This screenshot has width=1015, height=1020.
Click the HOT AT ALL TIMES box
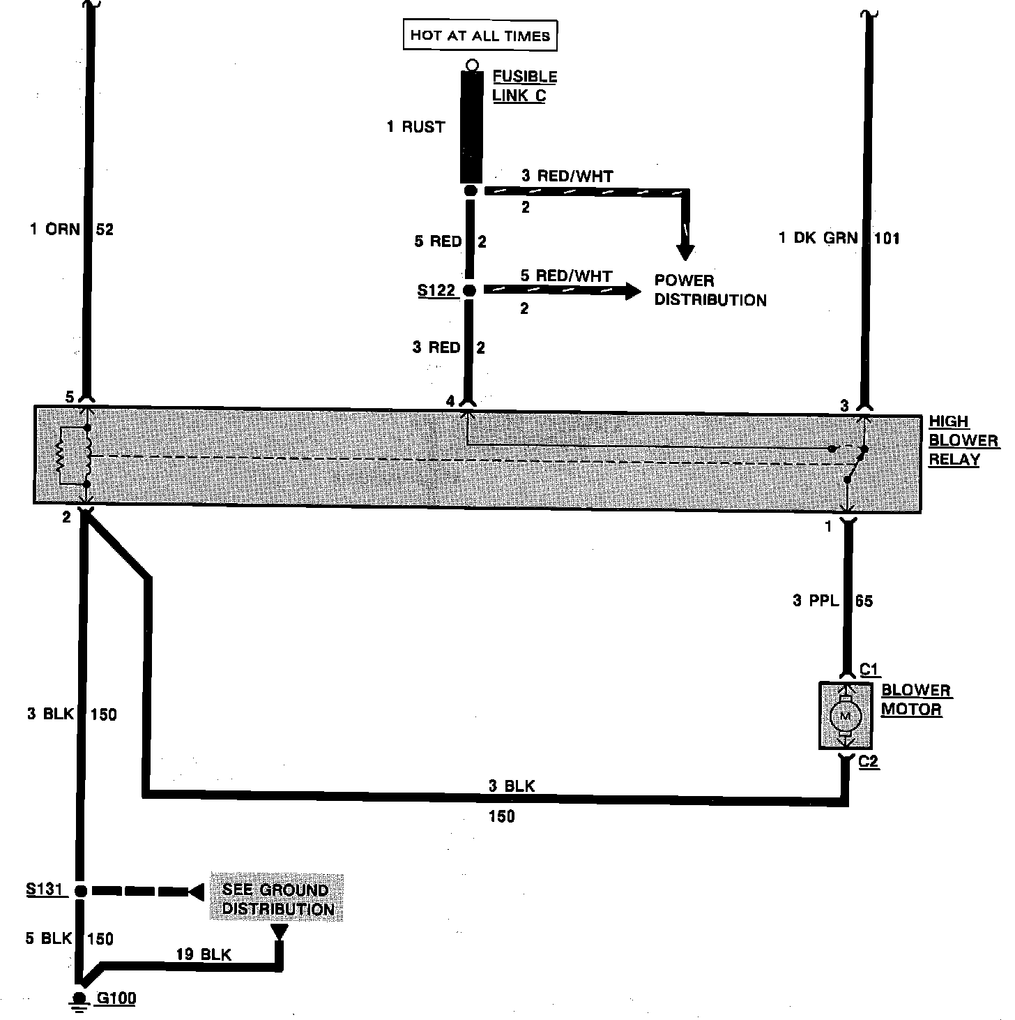[x=480, y=36]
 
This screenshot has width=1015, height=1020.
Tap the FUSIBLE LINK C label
[x=524, y=86]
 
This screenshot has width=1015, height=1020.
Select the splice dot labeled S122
[x=470, y=290]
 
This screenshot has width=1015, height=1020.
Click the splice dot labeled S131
[x=80, y=891]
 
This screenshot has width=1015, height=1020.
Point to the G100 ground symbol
[x=79, y=999]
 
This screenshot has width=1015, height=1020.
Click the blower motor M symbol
[x=845, y=716]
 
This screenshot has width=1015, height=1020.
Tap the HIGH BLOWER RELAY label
[x=963, y=440]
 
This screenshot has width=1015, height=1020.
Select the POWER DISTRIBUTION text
[x=710, y=290]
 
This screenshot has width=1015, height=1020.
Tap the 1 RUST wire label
[x=416, y=127]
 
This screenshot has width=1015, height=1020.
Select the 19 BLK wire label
[x=204, y=954]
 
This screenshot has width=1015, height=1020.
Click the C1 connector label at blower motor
[x=869, y=670]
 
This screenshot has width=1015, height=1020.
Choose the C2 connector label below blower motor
[x=869, y=761]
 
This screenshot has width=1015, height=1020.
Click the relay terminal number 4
[x=450, y=401]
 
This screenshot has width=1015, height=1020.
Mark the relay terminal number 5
[x=69, y=397]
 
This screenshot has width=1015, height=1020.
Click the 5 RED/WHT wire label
[x=566, y=276]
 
